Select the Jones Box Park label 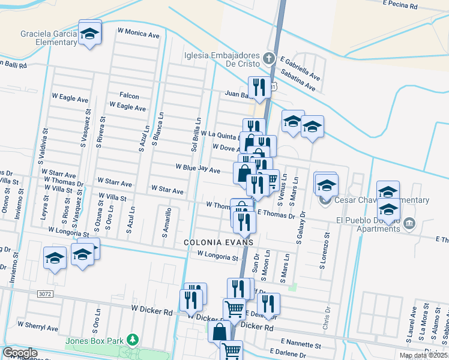(x=94, y=341)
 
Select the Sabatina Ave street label (x=298, y=83)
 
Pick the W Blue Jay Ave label (x=197, y=168)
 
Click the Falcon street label (x=129, y=96)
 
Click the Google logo (x=20, y=353)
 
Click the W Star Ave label (x=167, y=190)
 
